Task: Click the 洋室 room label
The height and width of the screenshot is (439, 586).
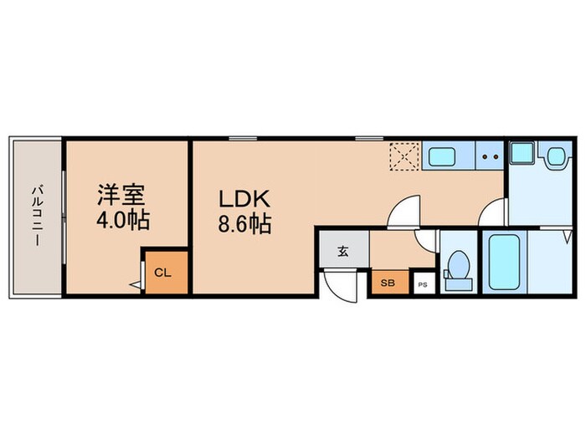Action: [x=122, y=195]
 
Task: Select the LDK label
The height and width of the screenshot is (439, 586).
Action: [x=244, y=200]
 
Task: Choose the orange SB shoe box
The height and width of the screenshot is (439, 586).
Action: [x=388, y=283]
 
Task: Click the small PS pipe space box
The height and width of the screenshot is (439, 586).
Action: [x=423, y=283]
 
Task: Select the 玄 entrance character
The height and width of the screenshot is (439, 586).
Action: [x=343, y=250]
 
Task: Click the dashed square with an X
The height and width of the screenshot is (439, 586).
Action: [x=406, y=156]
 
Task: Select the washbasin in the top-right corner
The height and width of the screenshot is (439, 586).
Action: [x=556, y=157]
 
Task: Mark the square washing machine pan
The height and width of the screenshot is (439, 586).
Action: [x=524, y=154]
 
